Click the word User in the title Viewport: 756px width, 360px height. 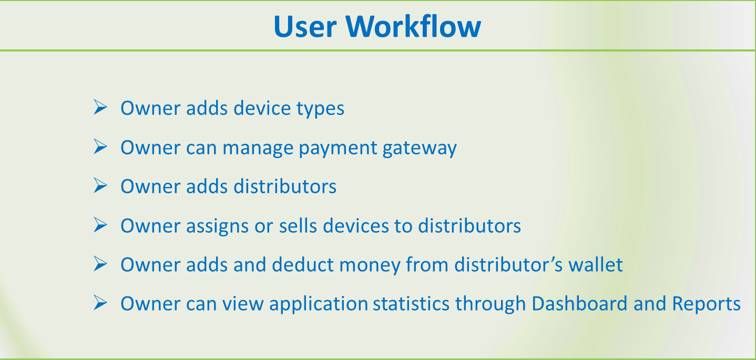(305, 26)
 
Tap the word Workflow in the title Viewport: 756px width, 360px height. (413, 26)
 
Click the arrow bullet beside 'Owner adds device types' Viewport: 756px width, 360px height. (100, 107)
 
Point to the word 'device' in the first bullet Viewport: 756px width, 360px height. (262, 108)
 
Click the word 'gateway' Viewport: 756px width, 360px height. (420, 148)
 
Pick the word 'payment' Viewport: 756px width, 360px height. (338, 148)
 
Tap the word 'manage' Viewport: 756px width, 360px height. (258, 148)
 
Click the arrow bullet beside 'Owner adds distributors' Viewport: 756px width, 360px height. (100, 186)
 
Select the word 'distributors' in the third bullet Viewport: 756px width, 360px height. (285, 186)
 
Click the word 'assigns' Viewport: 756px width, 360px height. (218, 226)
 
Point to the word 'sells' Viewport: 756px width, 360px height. (298, 225)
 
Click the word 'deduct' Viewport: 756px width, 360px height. (303, 264)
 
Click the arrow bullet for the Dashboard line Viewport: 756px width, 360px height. (100, 302)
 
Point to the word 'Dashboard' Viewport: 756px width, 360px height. (579, 303)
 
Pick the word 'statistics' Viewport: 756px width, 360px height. (411, 303)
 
